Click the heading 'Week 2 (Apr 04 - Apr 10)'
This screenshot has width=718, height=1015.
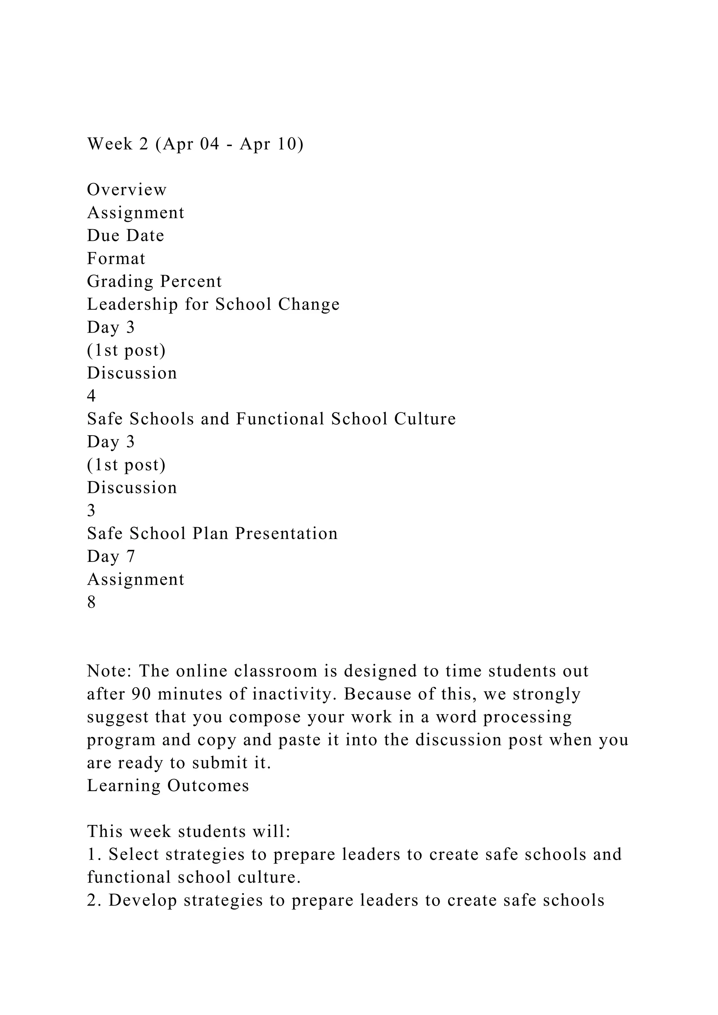tap(195, 144)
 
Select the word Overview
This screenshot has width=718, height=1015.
tap(127, 190)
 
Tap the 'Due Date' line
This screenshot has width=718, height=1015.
tap(126, 235)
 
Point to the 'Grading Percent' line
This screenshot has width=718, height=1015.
tap(154, 281)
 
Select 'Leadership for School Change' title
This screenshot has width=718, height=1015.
tap(213, 304)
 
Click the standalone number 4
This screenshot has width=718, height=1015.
tap(92, 396)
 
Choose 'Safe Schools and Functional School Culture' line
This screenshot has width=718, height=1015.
tap(271, 418)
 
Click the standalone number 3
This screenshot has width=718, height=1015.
tap(92, 510)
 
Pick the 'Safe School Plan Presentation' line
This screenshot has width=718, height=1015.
tap(212, 533)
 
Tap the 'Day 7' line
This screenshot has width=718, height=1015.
tap(111, 556)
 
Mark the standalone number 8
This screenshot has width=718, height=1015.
tap(92, 602)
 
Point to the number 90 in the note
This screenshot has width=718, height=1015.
tap(142, 694)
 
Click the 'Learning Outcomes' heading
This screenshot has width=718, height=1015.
tap(168, 785)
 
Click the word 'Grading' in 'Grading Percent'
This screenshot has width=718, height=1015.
tap(120, 281)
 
